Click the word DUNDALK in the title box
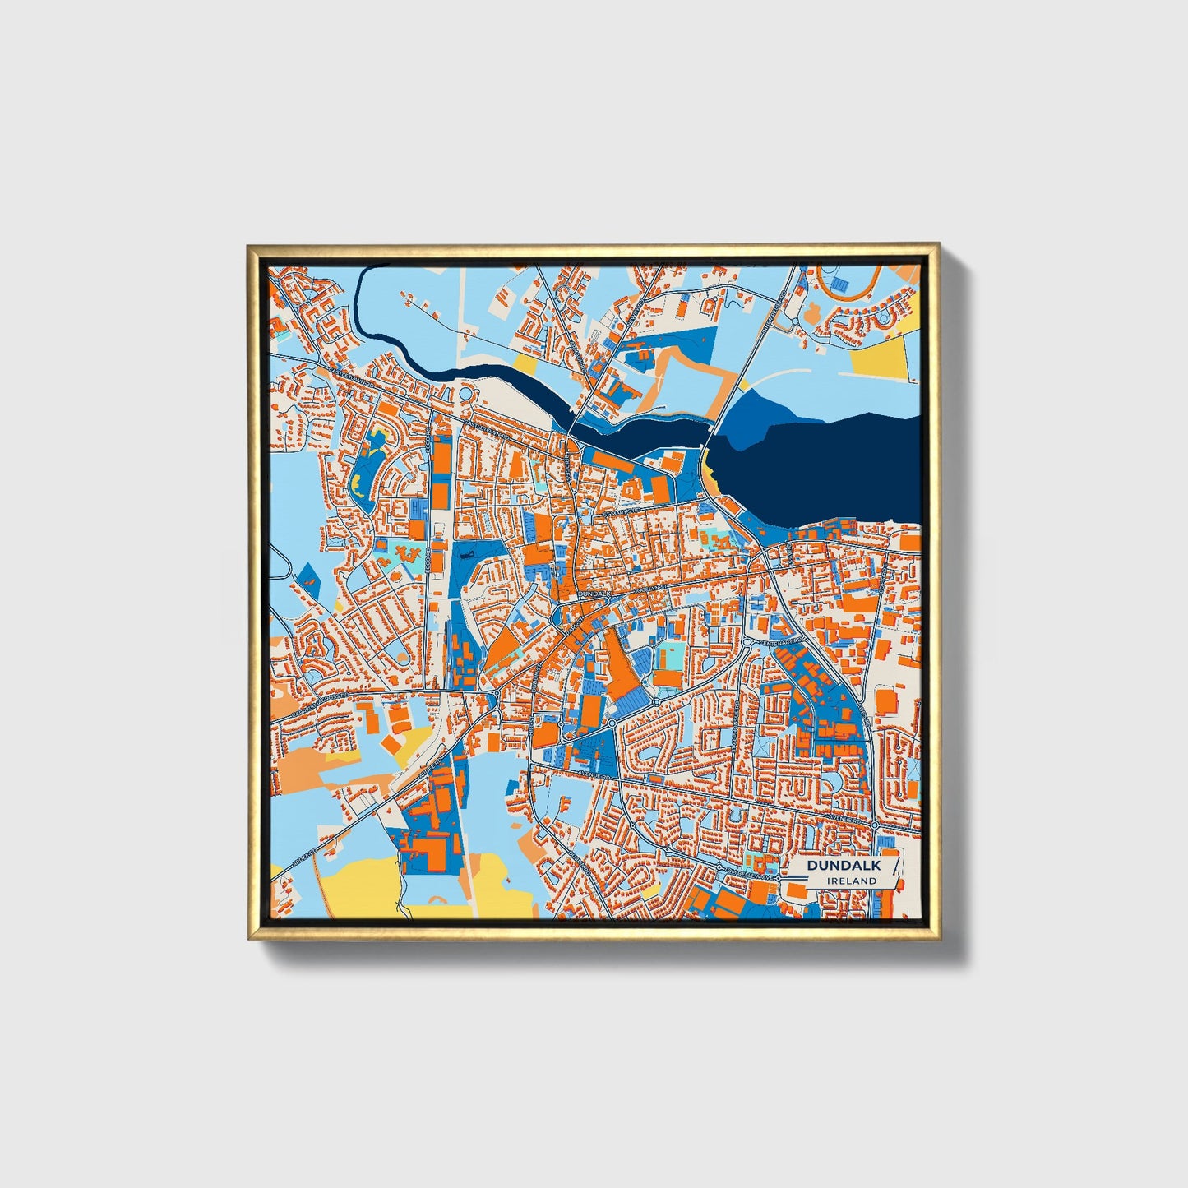[x=843, y=866]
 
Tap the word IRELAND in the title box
[x=852, y=881]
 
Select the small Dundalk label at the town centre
[x=595, y=592]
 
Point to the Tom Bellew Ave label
[x=748, y=876]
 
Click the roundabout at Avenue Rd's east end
[x=876, y=825]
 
